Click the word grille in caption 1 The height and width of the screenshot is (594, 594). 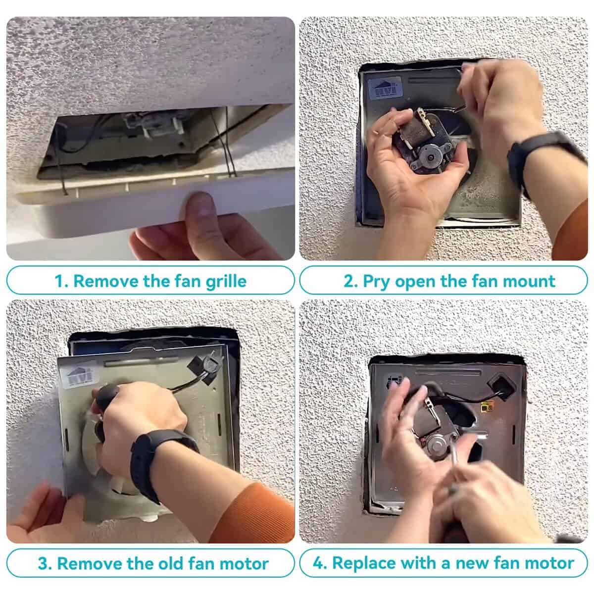click(x=226, y=282)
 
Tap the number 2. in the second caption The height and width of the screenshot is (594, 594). click(x=350, y=281)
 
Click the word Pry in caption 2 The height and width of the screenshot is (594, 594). click(x=376, y=282)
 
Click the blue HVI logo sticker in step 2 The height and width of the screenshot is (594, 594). click(x=386, y=88)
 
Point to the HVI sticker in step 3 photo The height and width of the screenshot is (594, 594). click(x=81, y=377)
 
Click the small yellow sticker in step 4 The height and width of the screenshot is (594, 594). click(x=486, y=408)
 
